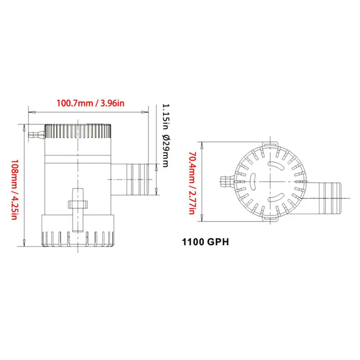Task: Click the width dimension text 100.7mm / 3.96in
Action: (90, 103)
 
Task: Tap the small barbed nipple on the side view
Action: (36, 135)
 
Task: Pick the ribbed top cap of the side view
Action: (78, 131)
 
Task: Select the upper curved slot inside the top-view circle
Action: (277, 165)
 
